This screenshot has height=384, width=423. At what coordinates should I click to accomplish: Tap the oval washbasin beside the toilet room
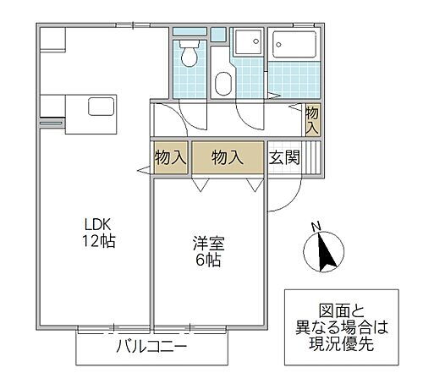coord(224,84)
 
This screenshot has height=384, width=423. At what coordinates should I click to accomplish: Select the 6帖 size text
coord(206,261)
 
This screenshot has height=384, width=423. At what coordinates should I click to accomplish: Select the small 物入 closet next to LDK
coord(169,156)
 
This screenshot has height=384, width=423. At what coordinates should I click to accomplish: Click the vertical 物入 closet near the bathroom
coord(312,119)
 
